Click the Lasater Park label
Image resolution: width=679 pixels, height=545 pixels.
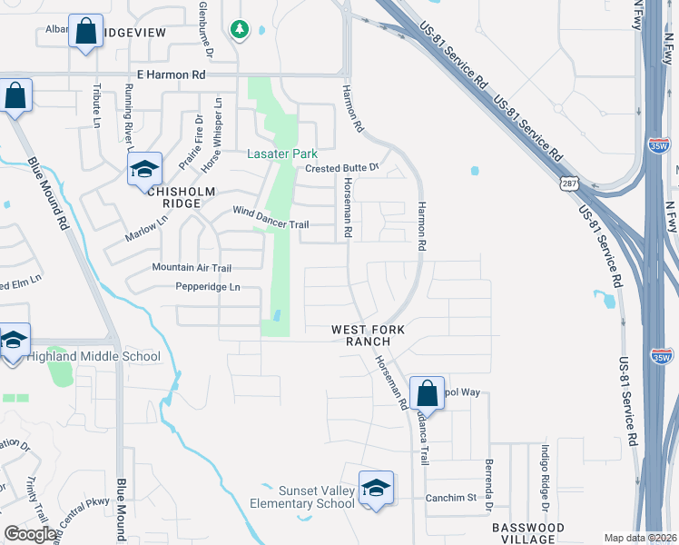pos(280,154)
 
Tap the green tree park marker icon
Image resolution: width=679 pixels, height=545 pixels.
pos(240,30)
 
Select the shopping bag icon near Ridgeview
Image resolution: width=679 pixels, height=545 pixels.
pos(86,33)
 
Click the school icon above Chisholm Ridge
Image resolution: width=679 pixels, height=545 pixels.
pos(143,169)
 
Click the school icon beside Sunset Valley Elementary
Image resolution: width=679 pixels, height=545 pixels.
pos(375,489)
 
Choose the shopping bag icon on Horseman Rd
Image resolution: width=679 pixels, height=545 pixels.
pos(427,393)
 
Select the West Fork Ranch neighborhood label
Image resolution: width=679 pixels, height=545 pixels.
pos(361,334)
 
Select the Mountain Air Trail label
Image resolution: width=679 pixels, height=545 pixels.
pos(192,267)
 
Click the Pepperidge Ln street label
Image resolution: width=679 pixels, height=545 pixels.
pos(208,287)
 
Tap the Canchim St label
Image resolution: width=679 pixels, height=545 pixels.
pos(451,498)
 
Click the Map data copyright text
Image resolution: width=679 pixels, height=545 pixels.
pos(640,538)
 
